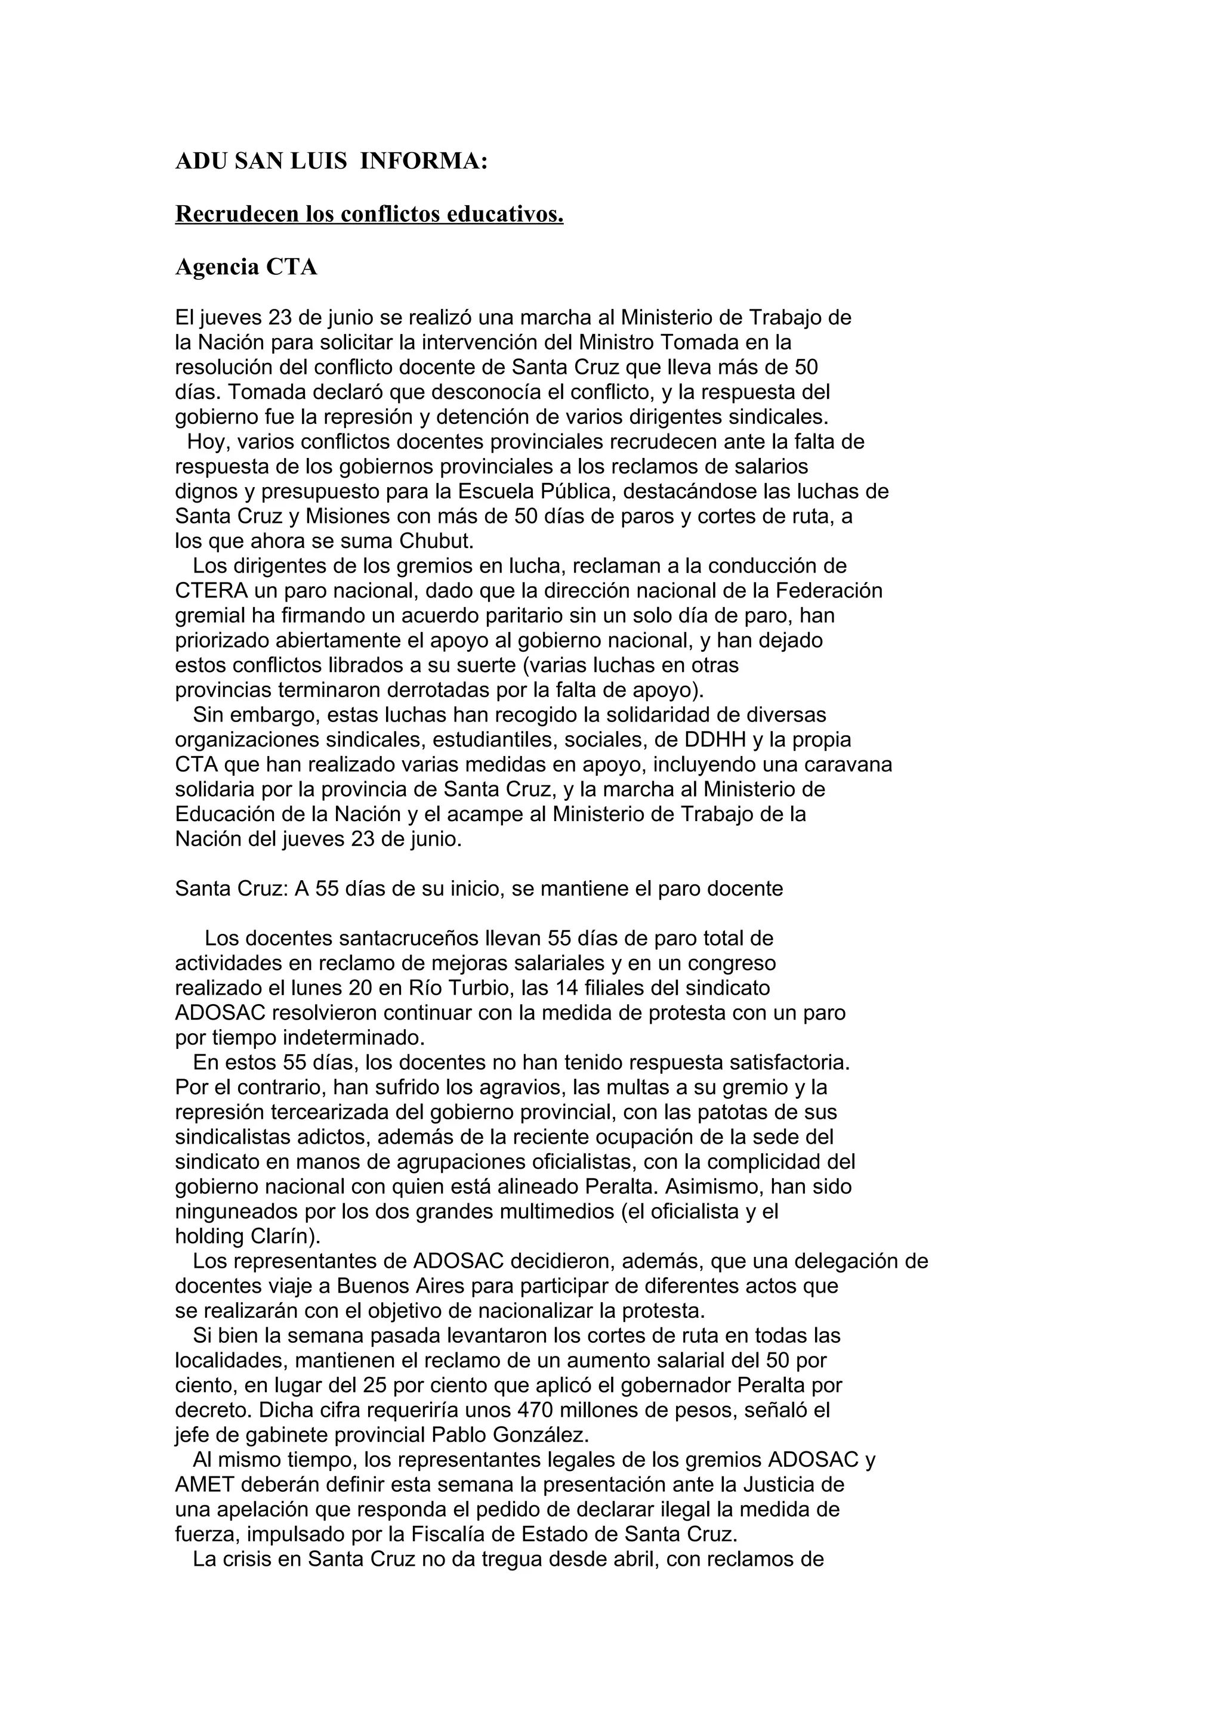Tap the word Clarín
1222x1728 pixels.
[x=273, y=1237]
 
